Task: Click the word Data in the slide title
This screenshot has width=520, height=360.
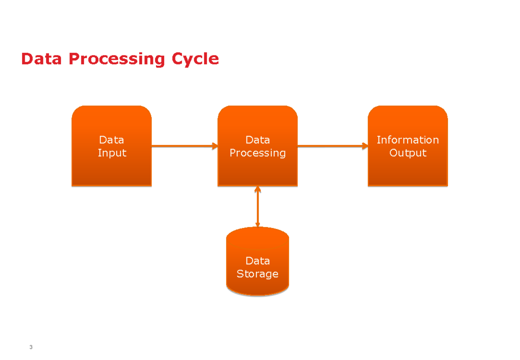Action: (x=41, y=59)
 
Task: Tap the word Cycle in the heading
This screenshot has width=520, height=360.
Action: (x=195, y=59)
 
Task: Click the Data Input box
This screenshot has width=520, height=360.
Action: (x=111, y=169)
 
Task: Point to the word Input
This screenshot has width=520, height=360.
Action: (x=112, y=153)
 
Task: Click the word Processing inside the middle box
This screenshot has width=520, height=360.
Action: (x=257, y=153)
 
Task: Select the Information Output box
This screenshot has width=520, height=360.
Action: (x=407, y=169)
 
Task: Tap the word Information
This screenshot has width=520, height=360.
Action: (x=407, y=140)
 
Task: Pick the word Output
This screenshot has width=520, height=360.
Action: (x=407, y=153)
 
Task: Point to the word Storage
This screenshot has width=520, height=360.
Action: (x=257, y=274)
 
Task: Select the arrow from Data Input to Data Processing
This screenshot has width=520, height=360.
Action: (x=182, y=146)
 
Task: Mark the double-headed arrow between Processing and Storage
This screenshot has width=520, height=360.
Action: (x=257, y=207)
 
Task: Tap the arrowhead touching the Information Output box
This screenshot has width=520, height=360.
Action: (x=364, y=146)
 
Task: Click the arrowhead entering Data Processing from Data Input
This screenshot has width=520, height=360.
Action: (x=214, y=146)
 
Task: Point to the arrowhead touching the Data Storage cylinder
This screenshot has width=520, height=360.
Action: (x=257, y=224)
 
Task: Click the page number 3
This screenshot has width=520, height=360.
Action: (x=31, y=348)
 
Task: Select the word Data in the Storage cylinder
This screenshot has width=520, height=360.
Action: (x=257, y=261)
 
